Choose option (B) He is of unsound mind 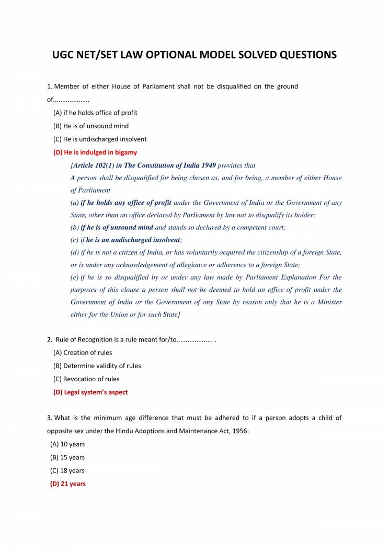91,126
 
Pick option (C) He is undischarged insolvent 100,139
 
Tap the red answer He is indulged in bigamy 95,152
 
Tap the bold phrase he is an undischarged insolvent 133,240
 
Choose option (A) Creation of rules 83,352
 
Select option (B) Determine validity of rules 97,366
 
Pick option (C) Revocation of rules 86,379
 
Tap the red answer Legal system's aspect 90,392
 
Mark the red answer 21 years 68,484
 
